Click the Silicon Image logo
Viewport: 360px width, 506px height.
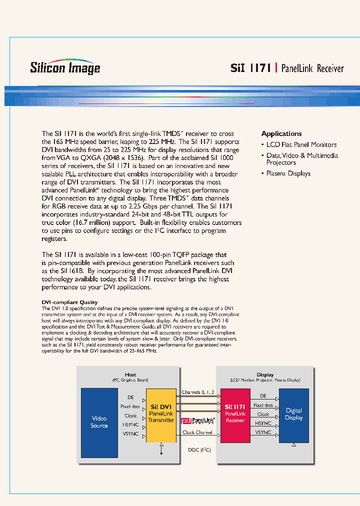click(65, 67)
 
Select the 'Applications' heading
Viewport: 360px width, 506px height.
click(281, 134)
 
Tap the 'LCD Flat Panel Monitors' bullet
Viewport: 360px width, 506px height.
click(301, 144)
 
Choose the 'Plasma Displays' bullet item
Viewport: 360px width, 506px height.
click(288, 173)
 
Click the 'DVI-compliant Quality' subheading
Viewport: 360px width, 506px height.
click(69, 302)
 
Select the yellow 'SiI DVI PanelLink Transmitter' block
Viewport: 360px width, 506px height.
click(161, 415)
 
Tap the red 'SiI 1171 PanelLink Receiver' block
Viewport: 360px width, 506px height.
click(235, 415)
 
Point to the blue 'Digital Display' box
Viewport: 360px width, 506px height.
click(293, 415)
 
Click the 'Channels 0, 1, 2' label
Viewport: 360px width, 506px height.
click(198, 392)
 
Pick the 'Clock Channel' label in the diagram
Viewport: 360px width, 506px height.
click(197, 432)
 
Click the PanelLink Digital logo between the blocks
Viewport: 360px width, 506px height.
click(198, 421)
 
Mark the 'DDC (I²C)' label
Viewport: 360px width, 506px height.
click(199, 450)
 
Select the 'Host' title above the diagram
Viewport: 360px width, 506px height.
click(130, 375)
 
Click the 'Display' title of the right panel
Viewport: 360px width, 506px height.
click(265, 375)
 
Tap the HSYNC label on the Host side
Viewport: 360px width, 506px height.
click(131, 424)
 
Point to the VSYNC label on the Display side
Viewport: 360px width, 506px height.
click(263, 432)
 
